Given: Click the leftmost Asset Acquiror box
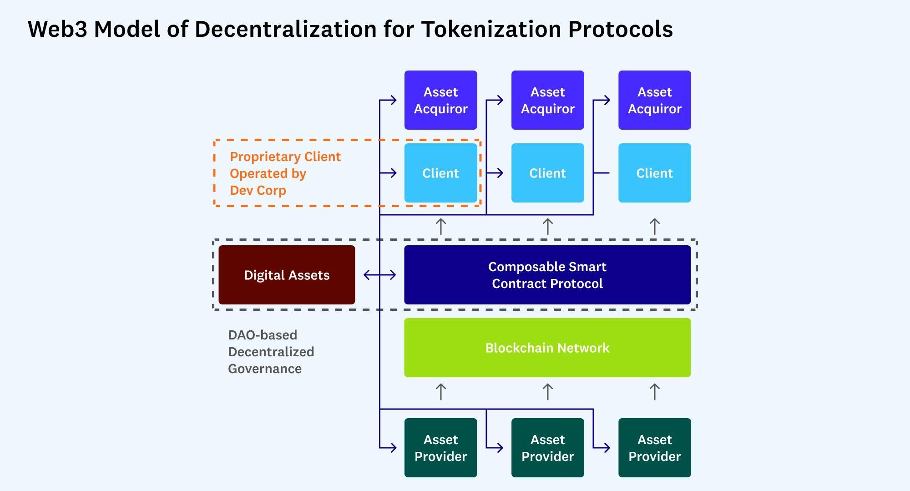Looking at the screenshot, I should coord(440,100).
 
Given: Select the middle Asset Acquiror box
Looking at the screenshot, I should coord(547,100).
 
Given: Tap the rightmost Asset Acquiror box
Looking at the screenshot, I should coord(654,100).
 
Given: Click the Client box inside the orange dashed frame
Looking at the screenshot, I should coord(440,173).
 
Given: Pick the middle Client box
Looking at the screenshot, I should coord(547,173).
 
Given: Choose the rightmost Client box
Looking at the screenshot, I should coord(654,173).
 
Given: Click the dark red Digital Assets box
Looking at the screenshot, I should coord(287,275).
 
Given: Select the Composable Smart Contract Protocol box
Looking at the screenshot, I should coord(547,275).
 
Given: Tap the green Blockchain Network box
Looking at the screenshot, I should coord(547,348).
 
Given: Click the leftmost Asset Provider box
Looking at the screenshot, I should coord(440,448).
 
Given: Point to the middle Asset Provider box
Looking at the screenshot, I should coord(547,448).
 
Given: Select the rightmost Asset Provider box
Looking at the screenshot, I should coord(654,448).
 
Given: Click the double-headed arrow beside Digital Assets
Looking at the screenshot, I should coord(379,275).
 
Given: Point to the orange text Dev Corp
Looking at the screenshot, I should coord(258,190).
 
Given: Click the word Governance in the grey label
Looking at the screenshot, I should coord(265,369).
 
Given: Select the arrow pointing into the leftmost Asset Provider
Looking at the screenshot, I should coord(389,448).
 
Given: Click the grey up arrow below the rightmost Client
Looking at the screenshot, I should coord(654,227).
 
